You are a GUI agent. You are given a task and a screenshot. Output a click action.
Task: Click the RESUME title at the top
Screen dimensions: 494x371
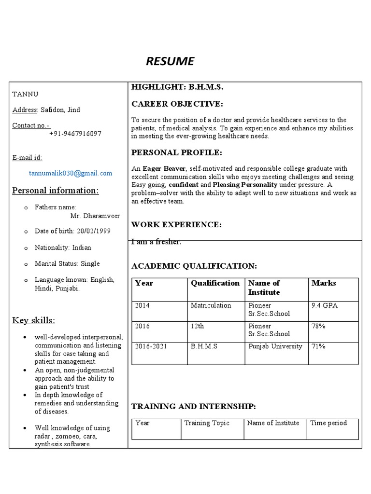[170, 61]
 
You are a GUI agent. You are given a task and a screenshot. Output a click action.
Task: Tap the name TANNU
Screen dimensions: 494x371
[25, 94]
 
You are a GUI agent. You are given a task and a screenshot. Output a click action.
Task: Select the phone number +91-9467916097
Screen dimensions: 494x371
[75, 134]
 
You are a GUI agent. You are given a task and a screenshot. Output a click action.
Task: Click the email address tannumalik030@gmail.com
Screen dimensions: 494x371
[71, 173]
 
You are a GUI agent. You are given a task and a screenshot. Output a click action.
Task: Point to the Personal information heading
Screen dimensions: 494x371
[56, 191]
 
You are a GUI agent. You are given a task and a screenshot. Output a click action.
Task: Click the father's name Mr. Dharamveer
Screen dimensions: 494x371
[95, 216]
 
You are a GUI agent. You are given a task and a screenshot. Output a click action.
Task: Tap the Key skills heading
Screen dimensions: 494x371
[34, 321]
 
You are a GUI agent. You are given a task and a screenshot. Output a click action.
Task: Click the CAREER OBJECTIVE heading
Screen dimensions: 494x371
[177, 104]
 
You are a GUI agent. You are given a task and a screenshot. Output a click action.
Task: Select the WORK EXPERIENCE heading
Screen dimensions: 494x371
[176, 224]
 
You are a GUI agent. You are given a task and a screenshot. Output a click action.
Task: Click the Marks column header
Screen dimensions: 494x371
[324, 283]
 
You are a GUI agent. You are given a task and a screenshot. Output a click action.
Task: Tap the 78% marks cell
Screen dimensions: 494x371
[319, 326]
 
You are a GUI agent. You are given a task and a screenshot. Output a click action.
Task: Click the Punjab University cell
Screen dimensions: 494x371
[275, 346]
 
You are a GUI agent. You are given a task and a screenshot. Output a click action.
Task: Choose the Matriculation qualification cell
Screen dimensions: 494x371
[211, 305]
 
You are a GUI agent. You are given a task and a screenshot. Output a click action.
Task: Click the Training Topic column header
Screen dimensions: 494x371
[207, 423]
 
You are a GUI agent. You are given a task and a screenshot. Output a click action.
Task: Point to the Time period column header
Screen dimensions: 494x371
[328, 423]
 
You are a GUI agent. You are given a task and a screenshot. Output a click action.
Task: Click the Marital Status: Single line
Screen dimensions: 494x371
[67, 263]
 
